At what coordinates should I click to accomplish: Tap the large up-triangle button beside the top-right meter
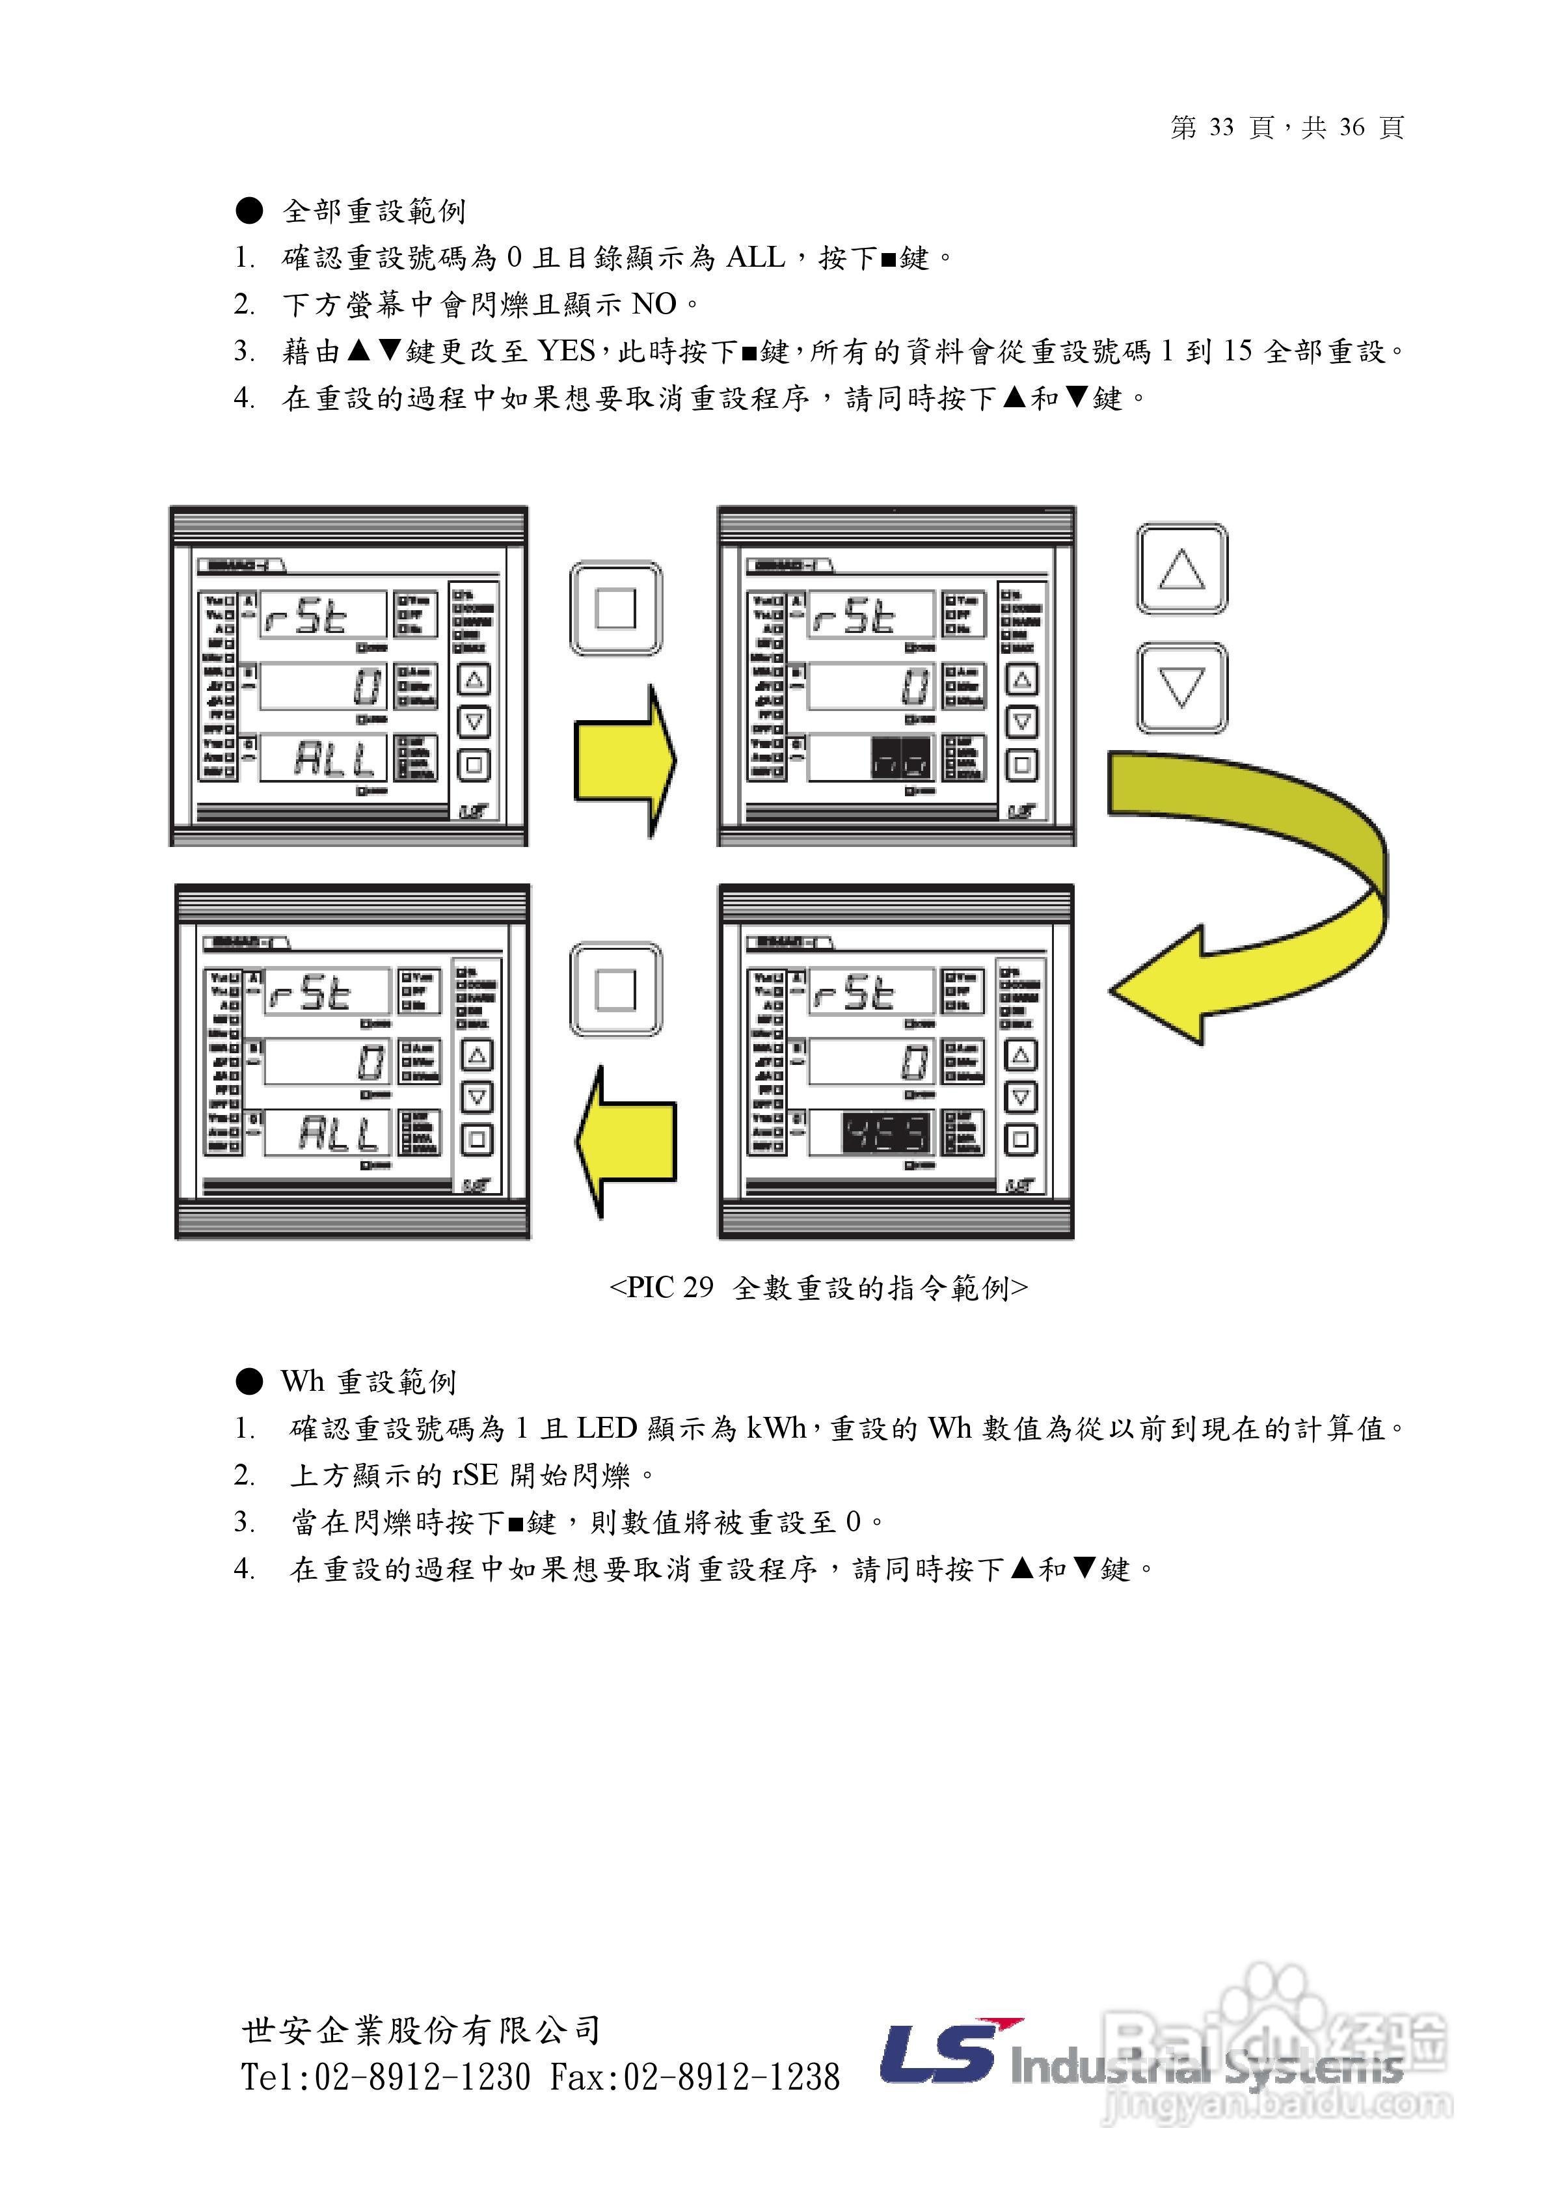tap(1181, 570)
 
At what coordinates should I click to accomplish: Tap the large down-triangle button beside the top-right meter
tap(1181, 687)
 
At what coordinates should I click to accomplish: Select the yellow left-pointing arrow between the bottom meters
tap(625, 1141)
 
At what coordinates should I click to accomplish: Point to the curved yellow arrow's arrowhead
tap(1159, 987)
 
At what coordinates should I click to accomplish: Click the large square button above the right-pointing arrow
tap(615, 608)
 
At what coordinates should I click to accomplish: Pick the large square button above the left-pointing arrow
tap(615, 989)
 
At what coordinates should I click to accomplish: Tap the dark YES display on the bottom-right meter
tap(885, 1133)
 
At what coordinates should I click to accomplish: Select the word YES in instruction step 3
tap(566, 351)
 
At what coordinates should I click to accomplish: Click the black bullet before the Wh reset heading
tap(249, 1381)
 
